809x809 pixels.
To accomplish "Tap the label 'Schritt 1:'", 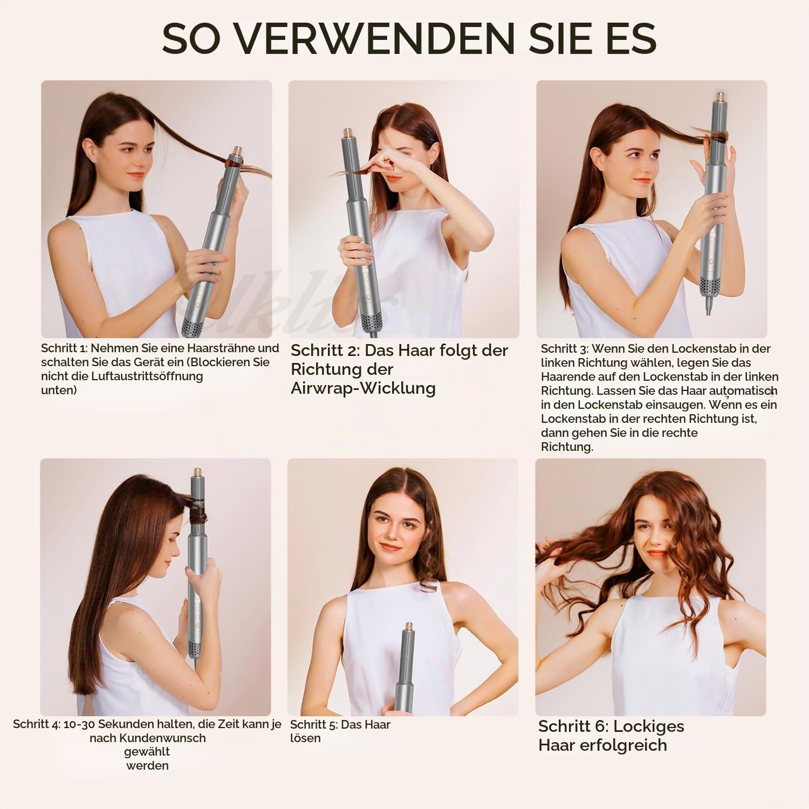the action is pos(64,348).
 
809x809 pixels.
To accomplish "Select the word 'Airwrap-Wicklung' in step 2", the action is pos(363,388).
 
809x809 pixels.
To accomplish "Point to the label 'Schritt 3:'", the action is pos(565,348).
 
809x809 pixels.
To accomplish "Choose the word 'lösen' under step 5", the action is pos(305,738).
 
